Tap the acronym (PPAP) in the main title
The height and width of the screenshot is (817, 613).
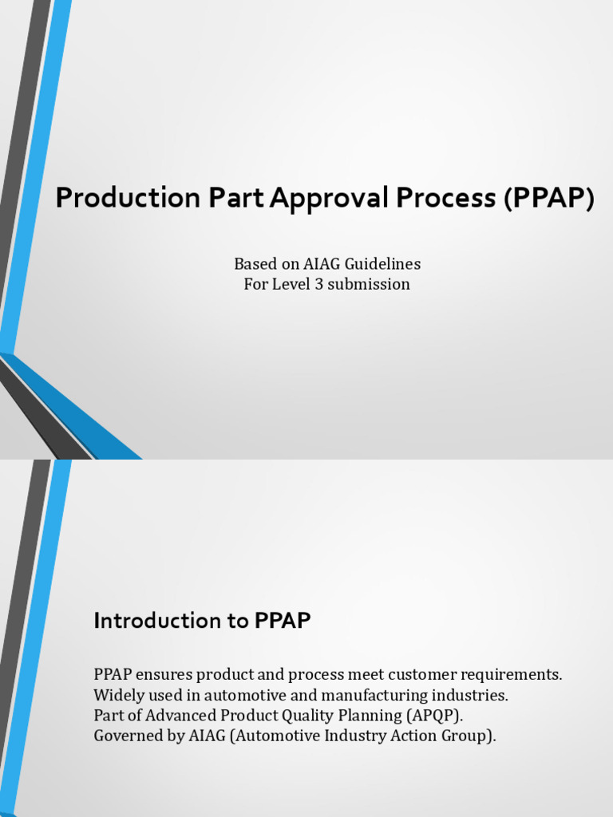point(549,199)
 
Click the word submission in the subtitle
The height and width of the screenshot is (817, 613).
point(371,284)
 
